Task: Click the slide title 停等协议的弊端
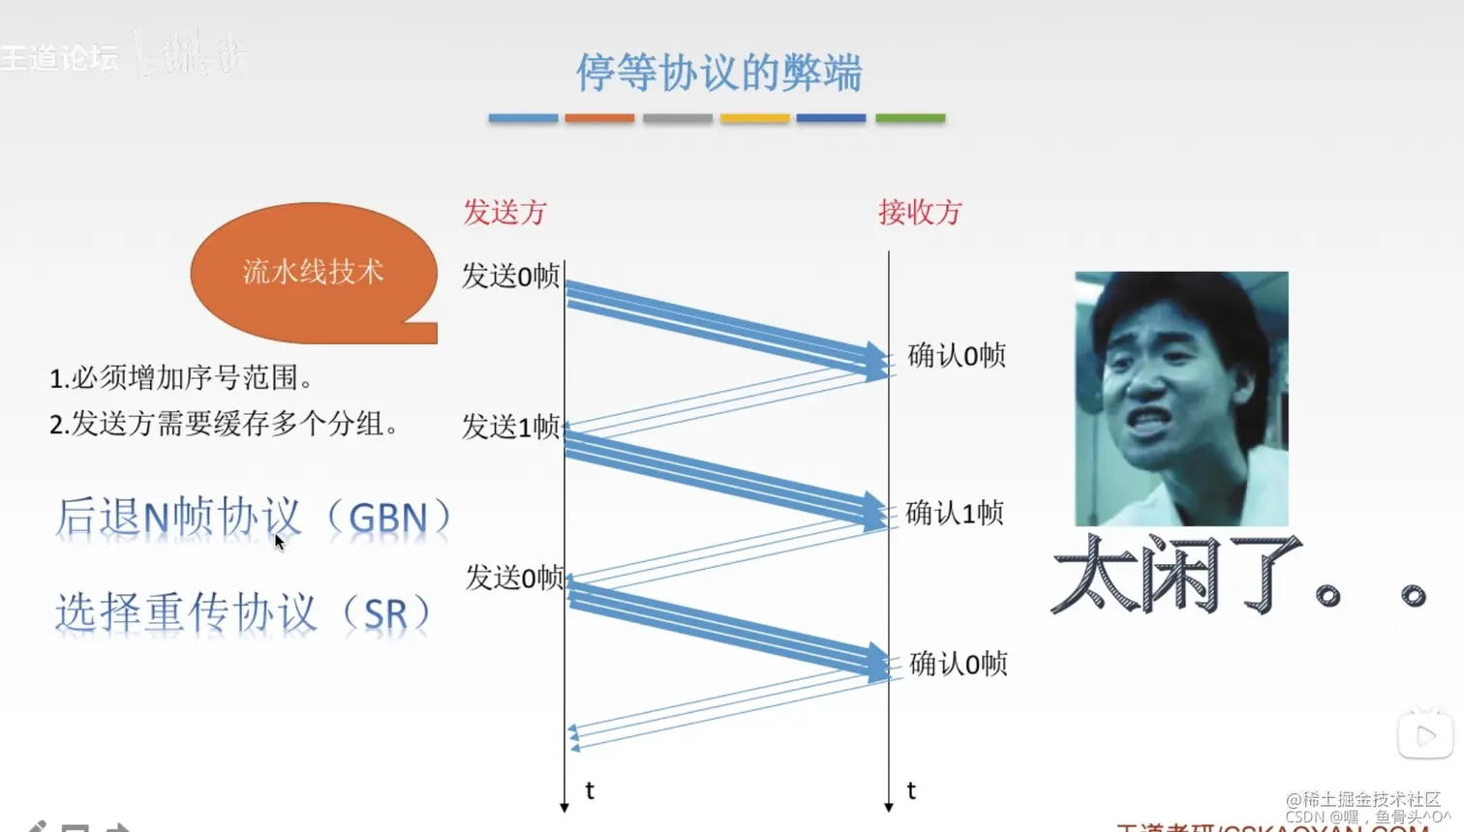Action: [718, 73]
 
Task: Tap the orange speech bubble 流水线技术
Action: [313, 272]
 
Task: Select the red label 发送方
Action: [504, 212]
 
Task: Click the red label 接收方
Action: [920, 212]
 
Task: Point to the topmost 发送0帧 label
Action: [510, 276]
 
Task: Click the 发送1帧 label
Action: [510, 426]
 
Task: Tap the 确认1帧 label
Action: [955, 513]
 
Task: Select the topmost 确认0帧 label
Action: [957, 355]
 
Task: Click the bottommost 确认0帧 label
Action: [959, 664]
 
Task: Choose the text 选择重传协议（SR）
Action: [243, 613]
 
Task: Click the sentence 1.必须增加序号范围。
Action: [181, 377]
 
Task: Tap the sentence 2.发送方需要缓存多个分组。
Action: [224, 424]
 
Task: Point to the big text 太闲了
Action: [1176, 577]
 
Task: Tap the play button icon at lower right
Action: [1425, 736]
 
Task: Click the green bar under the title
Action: [909, 118]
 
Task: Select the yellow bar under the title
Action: [755, 118]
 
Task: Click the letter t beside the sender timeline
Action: [590, 790]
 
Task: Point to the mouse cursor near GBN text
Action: [279, 541]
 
